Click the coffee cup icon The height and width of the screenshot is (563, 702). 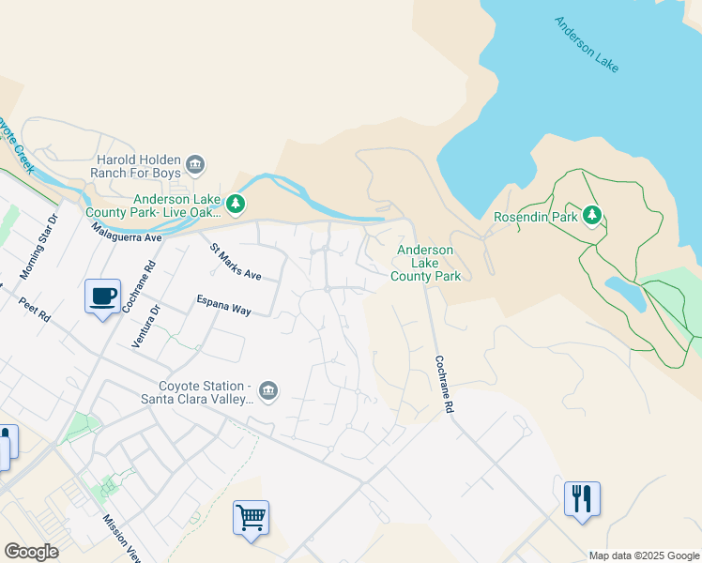(102, 297)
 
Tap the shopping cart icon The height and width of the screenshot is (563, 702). (251, 518)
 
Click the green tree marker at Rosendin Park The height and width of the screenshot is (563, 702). (591, 216)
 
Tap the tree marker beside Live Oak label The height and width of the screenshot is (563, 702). (237, 203)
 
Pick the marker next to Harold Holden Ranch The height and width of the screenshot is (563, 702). (196, 165)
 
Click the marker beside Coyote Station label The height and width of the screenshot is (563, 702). (268, 390)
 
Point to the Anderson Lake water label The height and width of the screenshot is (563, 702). (587, 44)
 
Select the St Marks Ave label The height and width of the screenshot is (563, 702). (236, 263)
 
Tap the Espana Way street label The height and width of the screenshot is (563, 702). (223, 305)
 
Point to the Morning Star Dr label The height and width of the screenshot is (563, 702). (38, 247)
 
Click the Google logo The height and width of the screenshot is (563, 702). (31, 552)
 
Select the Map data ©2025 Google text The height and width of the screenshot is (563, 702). (644, 555)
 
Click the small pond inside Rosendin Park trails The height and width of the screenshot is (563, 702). (626, 293)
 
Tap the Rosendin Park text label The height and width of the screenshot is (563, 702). (536, 217)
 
